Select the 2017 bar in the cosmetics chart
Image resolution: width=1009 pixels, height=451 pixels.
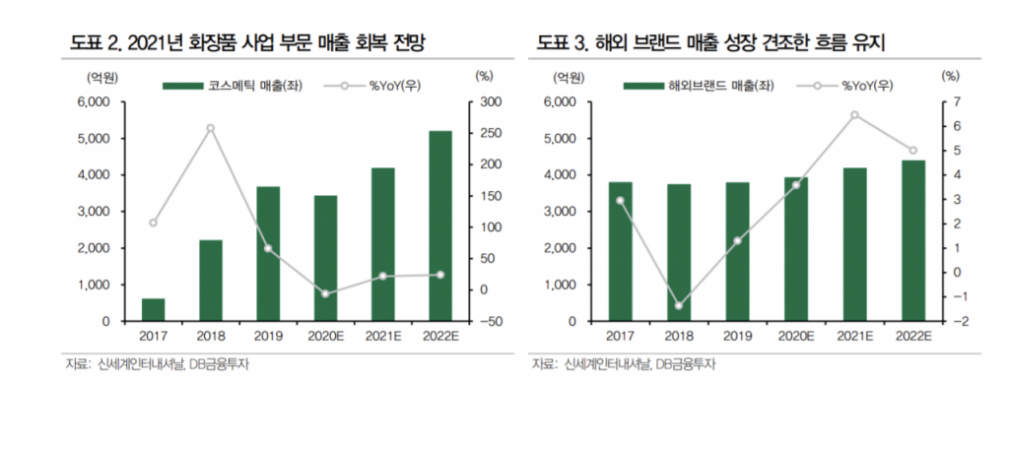[x=153, y=309]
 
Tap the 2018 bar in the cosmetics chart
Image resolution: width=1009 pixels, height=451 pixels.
[x=210, y=281]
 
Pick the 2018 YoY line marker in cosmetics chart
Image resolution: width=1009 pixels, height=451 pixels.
[x=210, y=128]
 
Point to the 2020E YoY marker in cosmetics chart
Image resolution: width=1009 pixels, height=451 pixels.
[x=324, y=293]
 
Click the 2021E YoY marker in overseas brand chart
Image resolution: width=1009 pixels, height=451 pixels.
[x=855, y=114]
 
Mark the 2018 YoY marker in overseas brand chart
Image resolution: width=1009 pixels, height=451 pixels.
[x=678, y=305]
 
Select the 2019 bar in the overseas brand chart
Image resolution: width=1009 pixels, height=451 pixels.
[x=737, y=251]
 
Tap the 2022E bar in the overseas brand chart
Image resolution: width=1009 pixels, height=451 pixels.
[x=912, y=240]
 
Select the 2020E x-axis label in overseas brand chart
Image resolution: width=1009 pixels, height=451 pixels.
[x=796, y=337]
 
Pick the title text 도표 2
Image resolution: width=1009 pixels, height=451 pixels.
[x=95, y=42]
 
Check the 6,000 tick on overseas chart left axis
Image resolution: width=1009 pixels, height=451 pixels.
[x=557, y=102]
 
